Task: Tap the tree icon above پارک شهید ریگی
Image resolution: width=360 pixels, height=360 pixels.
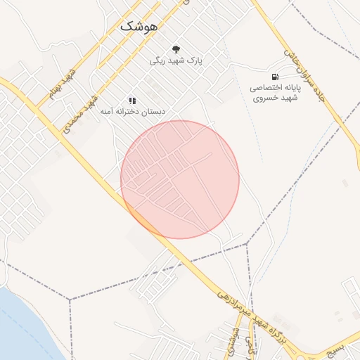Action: [175, 49]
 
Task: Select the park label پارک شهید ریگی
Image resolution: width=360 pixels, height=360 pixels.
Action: [175, 61]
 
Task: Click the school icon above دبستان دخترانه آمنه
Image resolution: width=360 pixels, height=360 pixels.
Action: [132, 101]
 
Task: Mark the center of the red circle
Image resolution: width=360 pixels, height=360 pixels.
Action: [180, 179]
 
